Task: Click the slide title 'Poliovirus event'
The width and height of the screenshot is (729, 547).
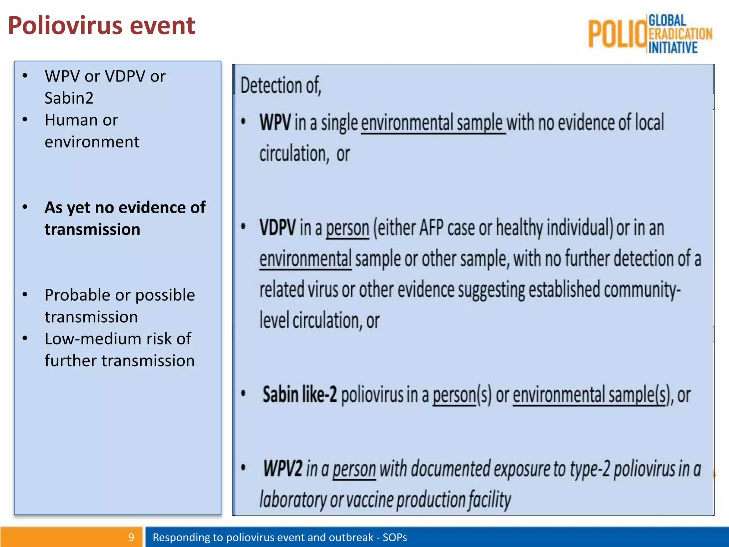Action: pyautogui.click(x=101, y=26)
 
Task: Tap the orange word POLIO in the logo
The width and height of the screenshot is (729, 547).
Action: pyautogui.click(x=617, y=34)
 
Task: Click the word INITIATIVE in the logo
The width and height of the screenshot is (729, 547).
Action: pyautogui.click(x=673, y=48)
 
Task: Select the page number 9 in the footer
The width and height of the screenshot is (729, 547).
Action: pyautogui.click(x=131, y=537)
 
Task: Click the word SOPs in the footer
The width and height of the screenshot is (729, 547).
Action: pyautogui.click(x=395, y=537)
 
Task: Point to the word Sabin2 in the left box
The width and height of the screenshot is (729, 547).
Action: pyautogui.click(x=69, y=98)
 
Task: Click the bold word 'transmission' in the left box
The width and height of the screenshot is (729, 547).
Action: pyautogui.click(x=92, y=229)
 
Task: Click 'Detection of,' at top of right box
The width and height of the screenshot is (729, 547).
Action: pyautogui.click(x=281, y=86)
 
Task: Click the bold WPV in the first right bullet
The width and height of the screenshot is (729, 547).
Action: pyautogui.click(x=275, y=123)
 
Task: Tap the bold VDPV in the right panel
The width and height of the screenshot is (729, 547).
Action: pyautogui.click(x=277, y=228)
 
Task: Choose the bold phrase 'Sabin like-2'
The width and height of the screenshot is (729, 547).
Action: pyautogui.click(x=299, y=395)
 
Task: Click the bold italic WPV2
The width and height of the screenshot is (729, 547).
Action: pyautogui.click(x=283, y=468)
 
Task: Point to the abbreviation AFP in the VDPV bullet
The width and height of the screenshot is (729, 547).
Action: pyautogui.click(x=431, y=228)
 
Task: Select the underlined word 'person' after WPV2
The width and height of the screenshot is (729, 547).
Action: pyautogui.click(x=354, y=469)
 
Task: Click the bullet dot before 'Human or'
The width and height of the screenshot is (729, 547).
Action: pyautogui.click(x=25, y=120)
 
